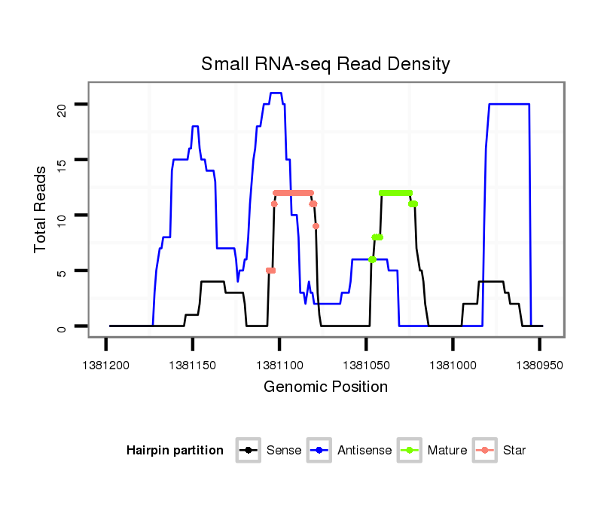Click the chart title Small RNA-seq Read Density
325,64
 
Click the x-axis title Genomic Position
325,387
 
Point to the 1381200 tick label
106,365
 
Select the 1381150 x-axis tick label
193,365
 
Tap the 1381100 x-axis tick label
279,365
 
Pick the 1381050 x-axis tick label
366,365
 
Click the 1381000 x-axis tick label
453,365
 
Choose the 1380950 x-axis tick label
539,365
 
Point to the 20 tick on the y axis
62,104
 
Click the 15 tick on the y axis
62,160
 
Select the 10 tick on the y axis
62,216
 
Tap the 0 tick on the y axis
62,326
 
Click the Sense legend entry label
284,451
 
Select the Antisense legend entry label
364,451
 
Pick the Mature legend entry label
447,451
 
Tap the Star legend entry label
514,451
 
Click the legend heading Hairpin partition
175,451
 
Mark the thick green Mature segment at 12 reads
396,193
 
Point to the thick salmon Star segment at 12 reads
293,193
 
